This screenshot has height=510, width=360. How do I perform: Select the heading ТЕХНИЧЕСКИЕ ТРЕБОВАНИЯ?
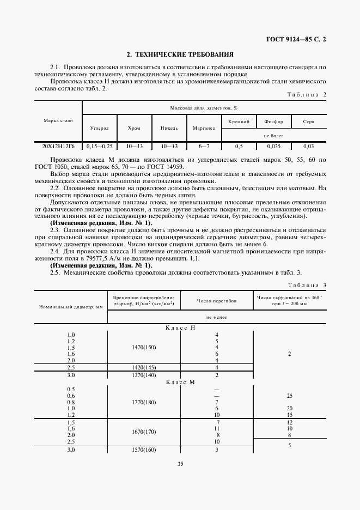180,54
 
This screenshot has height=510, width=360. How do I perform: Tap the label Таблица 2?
306,94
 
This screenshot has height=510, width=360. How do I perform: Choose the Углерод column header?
99,128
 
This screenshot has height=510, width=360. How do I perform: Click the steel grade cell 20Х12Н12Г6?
58,147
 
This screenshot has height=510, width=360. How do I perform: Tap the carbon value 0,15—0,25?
99,147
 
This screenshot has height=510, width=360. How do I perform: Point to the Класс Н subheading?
180,327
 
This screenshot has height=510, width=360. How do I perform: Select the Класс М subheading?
180,382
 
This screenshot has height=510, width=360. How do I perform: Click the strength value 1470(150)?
143,347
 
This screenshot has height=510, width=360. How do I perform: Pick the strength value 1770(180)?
143,402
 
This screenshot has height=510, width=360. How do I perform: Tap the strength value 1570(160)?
143,450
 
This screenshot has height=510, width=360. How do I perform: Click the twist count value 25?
289,396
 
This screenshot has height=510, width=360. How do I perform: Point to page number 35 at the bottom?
180,479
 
